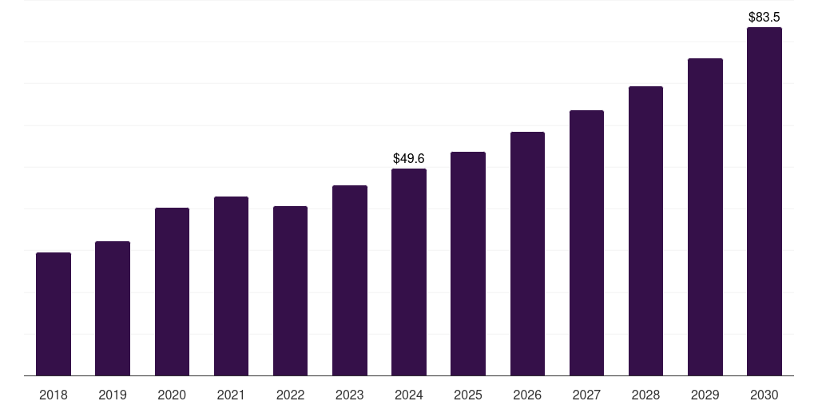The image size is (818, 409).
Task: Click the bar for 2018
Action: pos(54,314)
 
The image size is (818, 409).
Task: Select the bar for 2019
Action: pos(113,308)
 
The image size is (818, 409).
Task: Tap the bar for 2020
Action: pos(172,292)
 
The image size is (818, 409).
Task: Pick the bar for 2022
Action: pos(290,291)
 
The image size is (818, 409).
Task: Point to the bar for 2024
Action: pos(409,272)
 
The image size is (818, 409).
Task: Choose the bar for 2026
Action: pos(527,253)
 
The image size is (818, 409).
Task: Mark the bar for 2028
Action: pos(645,231)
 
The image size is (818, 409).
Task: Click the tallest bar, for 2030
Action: pos(764,201)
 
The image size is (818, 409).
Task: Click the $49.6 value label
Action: pos(409,159)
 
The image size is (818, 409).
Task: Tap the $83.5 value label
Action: pos(764,17)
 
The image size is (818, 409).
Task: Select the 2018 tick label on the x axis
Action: pos(54,395)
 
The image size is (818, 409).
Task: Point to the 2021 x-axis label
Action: pos(231,395)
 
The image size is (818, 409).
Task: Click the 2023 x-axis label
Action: pos(350,395)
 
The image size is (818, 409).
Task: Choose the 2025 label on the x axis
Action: pos(468,395)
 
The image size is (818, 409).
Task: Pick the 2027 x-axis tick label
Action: pos(586,395)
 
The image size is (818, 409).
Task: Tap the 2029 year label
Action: pos(705,395)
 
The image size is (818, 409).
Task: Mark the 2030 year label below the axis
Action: pos(764,395)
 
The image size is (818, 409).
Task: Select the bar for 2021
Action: pos(231,286)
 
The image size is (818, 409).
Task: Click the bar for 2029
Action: pos(705,216)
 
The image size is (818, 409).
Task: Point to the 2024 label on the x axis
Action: pos(409,395)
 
